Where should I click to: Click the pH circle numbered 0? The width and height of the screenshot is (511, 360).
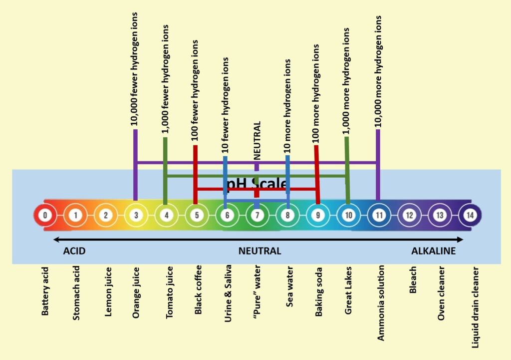point(45,216)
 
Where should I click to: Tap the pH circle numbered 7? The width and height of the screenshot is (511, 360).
point(257,216)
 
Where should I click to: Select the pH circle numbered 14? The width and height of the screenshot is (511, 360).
point(470,216)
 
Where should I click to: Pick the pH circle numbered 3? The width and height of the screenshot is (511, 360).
point(136,216)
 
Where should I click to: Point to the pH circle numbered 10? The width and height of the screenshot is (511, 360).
point(348,216)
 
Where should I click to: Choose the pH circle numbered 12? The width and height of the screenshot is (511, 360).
point(409,216)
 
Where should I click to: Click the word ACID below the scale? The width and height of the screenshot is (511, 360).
point(74,251)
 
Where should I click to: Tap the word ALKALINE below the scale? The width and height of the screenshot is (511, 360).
point(433,251)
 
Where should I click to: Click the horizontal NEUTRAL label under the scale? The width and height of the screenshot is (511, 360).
point(259,251)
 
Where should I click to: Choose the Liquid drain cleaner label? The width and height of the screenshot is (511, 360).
point(475,307)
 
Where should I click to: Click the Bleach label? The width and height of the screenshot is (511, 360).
point(413,280)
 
